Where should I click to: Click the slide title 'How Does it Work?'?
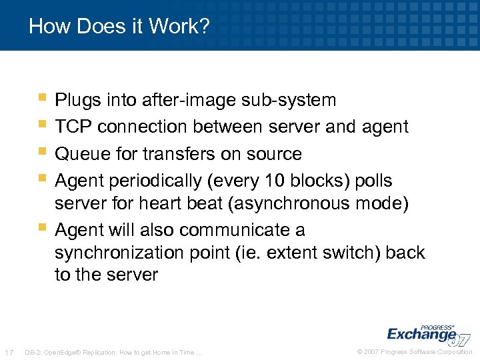click(119, 27)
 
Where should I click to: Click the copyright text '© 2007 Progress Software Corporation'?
click(415, 352)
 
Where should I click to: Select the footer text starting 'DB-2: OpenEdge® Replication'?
click(113, 352)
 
